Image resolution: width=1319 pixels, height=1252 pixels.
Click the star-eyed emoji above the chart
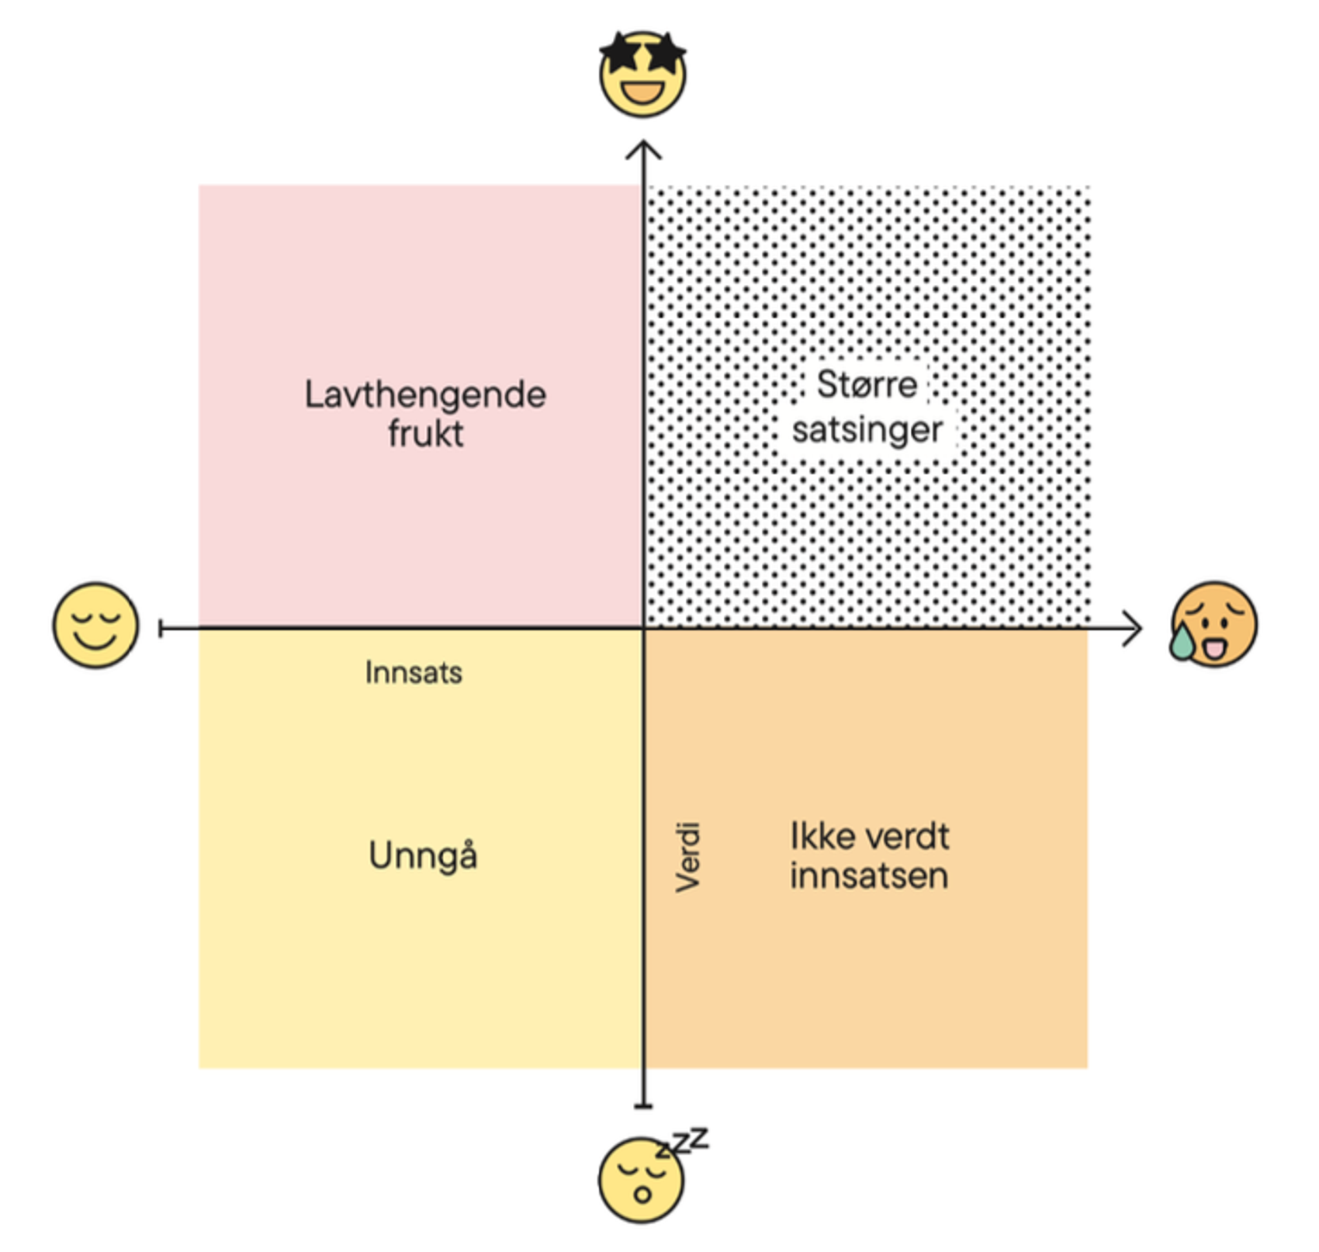[642, 75]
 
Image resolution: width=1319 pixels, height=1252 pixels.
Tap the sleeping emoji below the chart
[641, 1180]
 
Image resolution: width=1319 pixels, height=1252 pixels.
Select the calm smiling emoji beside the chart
[95, 626]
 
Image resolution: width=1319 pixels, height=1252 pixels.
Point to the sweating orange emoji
[1214, 624]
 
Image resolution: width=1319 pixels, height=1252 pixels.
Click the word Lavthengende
[425, 395]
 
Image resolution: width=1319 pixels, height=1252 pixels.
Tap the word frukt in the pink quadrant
[425, 433]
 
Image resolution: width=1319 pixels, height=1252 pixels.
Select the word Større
[867, 384]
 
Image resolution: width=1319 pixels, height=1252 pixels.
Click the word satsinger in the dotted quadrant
[867, 429]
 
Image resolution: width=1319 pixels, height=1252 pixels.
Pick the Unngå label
[423, 856]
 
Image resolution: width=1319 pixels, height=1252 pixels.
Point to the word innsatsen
[869, 876]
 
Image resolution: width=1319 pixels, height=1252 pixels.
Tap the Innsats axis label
[414, 672]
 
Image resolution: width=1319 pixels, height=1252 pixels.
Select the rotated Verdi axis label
[688, 858]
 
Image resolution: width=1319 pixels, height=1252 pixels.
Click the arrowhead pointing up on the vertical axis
[643, 149]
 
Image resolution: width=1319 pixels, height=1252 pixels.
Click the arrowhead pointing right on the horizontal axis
[1134, 627]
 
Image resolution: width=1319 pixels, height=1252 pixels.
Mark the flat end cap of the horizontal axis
[161, 628]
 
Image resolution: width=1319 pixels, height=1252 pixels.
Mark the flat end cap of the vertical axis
[643, 1106]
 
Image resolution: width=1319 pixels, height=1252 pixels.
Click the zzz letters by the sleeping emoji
[683, 1142]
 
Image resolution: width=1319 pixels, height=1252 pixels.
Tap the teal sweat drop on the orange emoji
[1182, 643]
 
